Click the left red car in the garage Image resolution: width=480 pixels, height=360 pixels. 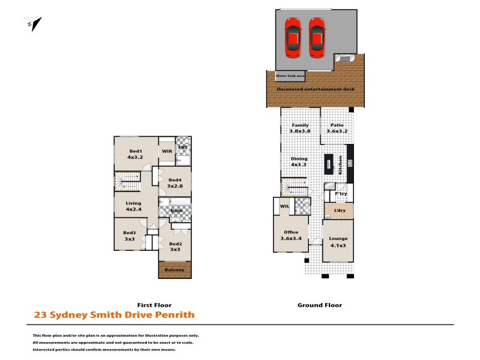click(293, 37)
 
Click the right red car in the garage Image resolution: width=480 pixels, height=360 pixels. click(317, 37)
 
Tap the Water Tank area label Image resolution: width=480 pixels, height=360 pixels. click(290, 76)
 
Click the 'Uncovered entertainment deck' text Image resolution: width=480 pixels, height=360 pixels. click(315, 89)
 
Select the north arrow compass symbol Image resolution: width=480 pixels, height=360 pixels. click(34, 25)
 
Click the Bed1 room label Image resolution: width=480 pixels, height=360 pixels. click(136, 154)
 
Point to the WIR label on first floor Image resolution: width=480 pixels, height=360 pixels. click(167, 151)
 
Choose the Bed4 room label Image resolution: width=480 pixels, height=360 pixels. click(175, 183)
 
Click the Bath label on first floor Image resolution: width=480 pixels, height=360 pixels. click(176, 211)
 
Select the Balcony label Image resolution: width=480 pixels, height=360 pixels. click(175, 270)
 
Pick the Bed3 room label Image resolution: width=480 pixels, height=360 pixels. click(130, 236)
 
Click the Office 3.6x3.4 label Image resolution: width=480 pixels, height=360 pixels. click(291, 235)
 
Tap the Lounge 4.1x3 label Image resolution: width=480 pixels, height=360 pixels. click(338, 241)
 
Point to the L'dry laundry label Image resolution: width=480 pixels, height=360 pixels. click(340, 211)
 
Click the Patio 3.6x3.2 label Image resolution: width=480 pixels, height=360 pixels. click(337, 128)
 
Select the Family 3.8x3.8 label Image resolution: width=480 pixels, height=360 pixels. click(300, 128)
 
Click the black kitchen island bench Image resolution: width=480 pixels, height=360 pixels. click(328, 164)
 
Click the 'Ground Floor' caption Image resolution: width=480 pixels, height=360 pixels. click(320, 305)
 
